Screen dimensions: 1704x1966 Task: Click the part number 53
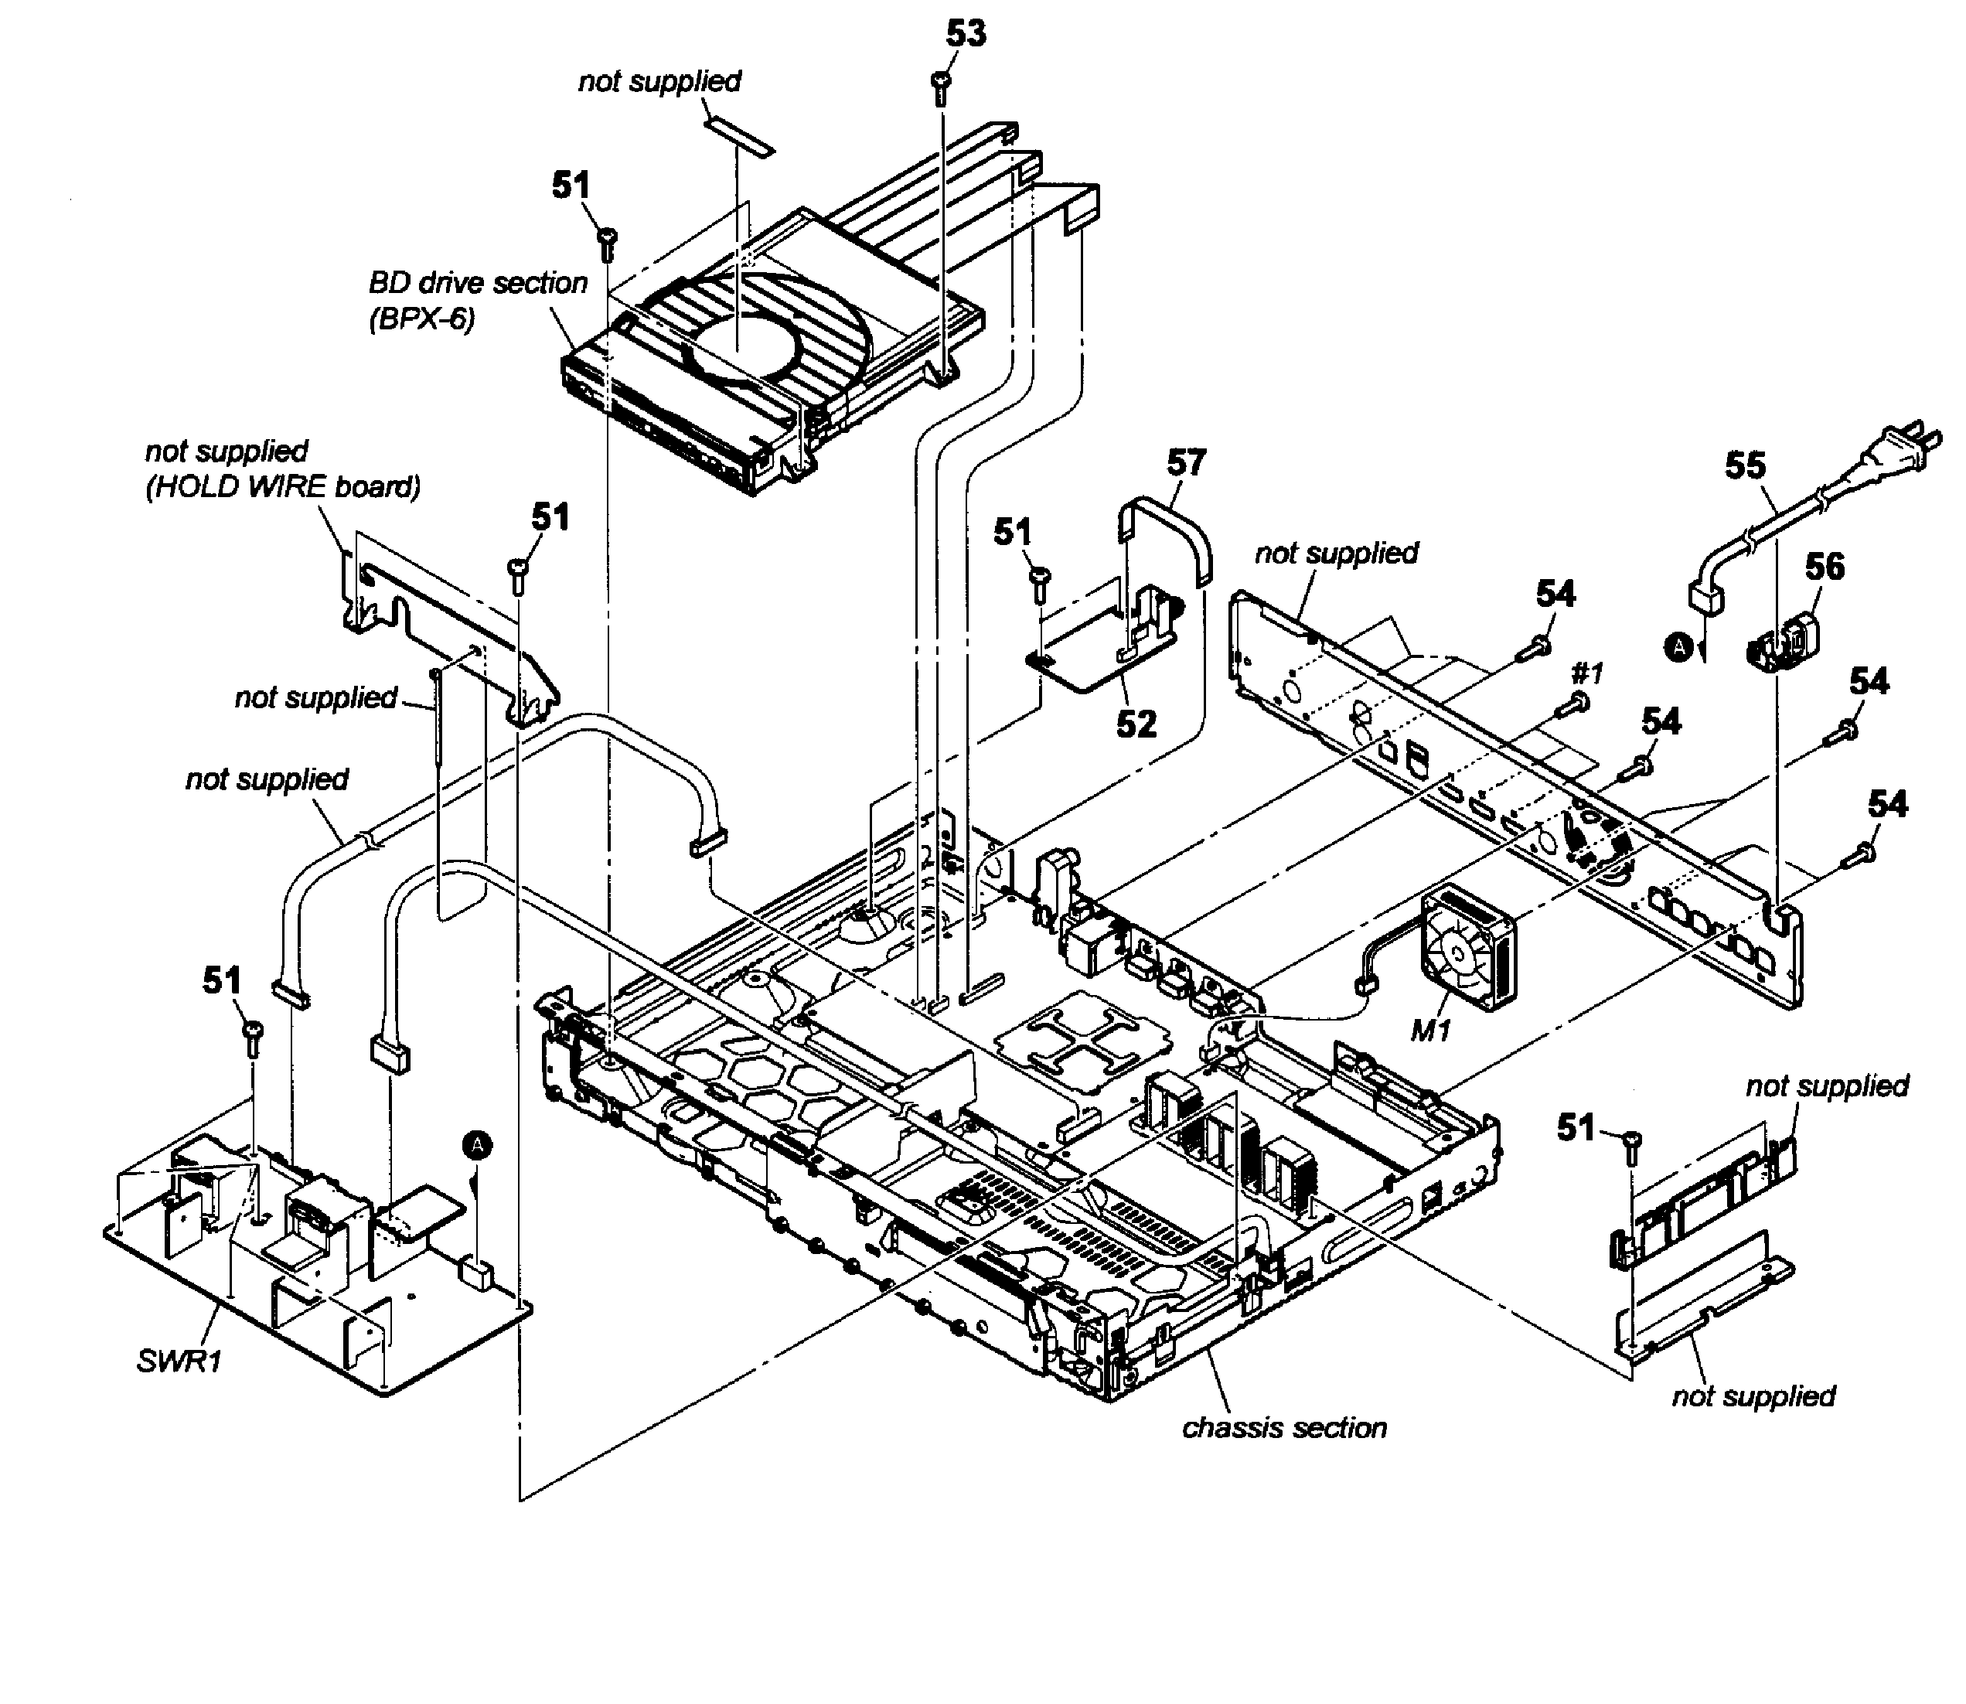point(966,34)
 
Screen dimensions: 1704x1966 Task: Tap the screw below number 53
point(941,87)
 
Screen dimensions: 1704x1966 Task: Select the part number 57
point(1185,463)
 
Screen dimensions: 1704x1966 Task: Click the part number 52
point(1136,724)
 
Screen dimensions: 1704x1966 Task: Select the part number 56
point(1825,567)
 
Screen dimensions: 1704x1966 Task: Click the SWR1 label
point(179,1361)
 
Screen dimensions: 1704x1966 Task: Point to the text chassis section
point(1283,1427)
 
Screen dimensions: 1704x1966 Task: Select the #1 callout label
point(1586,674)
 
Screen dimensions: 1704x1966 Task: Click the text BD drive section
point(479,284)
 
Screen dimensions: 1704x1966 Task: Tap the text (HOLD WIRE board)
point(282,487)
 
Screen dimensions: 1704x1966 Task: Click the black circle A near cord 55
point(1678,648)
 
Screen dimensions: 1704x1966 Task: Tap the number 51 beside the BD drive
point(571,186)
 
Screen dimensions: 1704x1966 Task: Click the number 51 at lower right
point(1576,1128)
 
